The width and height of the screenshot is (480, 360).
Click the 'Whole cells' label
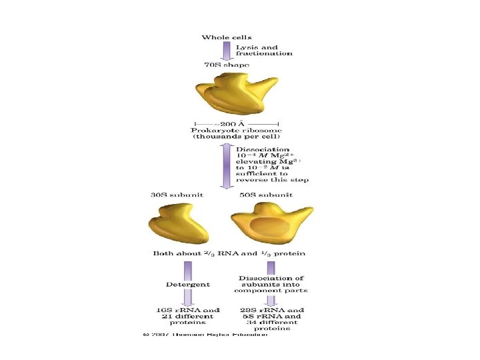tap(227, 37)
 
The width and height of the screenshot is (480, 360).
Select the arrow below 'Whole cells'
tap(227, 51)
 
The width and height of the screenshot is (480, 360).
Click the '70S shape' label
tap(227, 65)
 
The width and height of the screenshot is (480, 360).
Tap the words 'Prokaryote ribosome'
tap(237, 130)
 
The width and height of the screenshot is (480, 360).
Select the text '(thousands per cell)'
tap(237, 137)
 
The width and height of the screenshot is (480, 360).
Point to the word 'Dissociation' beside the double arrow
tap(263, 149)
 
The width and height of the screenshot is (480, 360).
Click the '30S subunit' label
tap(177, 195)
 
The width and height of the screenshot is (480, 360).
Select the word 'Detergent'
tap(188, 284)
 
